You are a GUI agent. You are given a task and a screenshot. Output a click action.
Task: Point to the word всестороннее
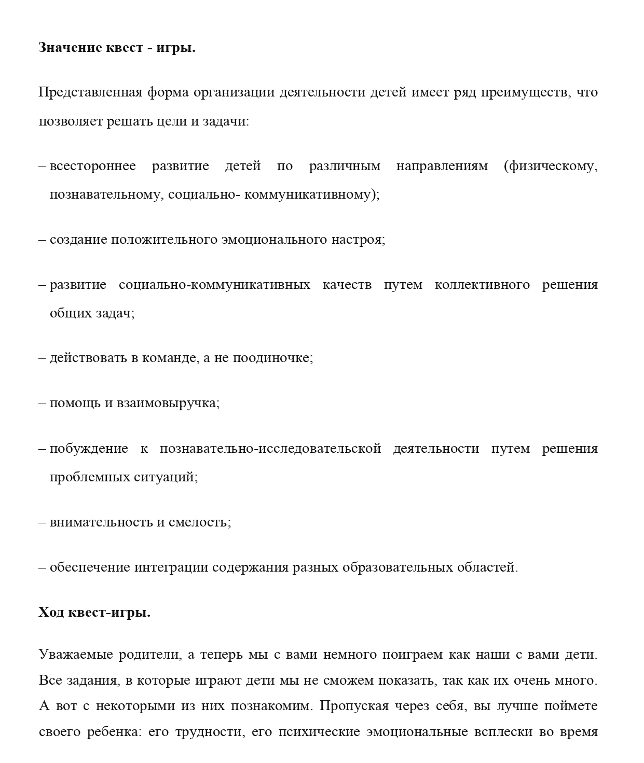pyautogui.click(x=93, y=167)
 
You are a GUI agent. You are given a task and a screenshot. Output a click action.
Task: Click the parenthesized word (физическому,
pyautogui.click(x=551, y=167)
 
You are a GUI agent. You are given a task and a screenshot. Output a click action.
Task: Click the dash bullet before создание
pyautogui.click(x=43, y=240)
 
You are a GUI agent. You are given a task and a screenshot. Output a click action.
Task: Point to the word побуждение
pyautogui.click(x=89, y=449)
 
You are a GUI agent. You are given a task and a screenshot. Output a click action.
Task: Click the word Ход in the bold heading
pyautogui.click(x=51, y=613)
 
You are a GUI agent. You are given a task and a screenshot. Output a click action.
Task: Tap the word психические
pyautogui.click(x=320, y=732)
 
